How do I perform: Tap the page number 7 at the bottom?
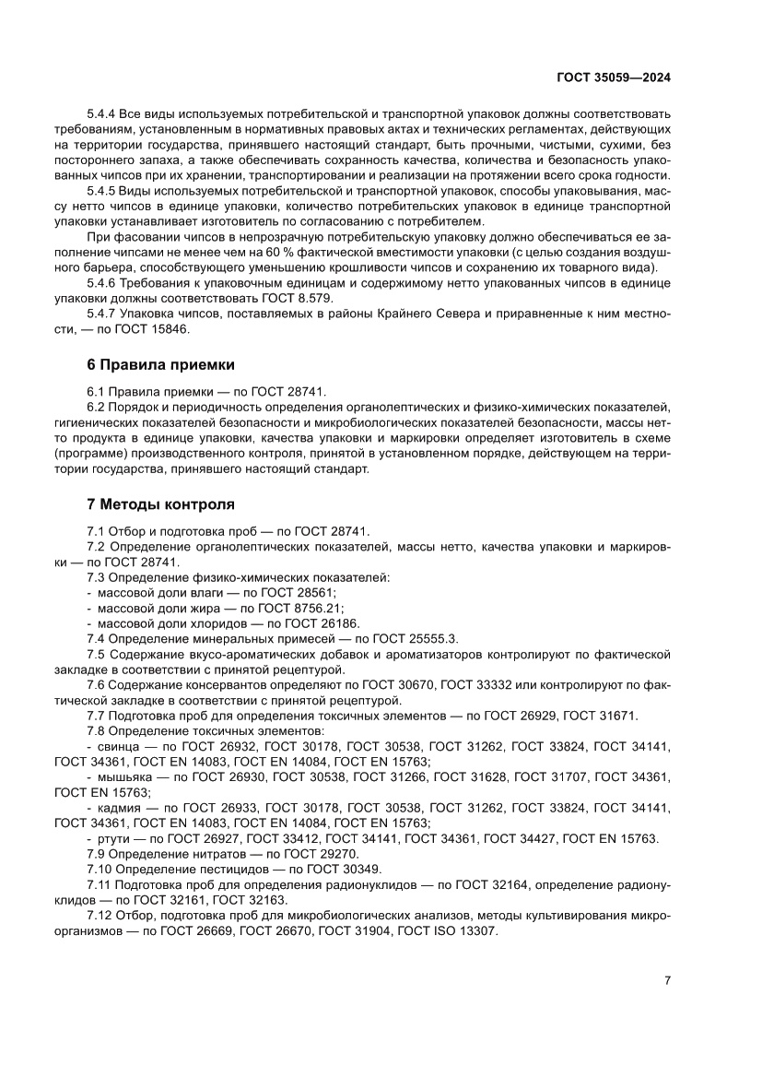(x=667, y=980)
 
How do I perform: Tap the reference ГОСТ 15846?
(x=178, y=328)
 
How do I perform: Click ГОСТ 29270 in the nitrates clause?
(x=299, y=854)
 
